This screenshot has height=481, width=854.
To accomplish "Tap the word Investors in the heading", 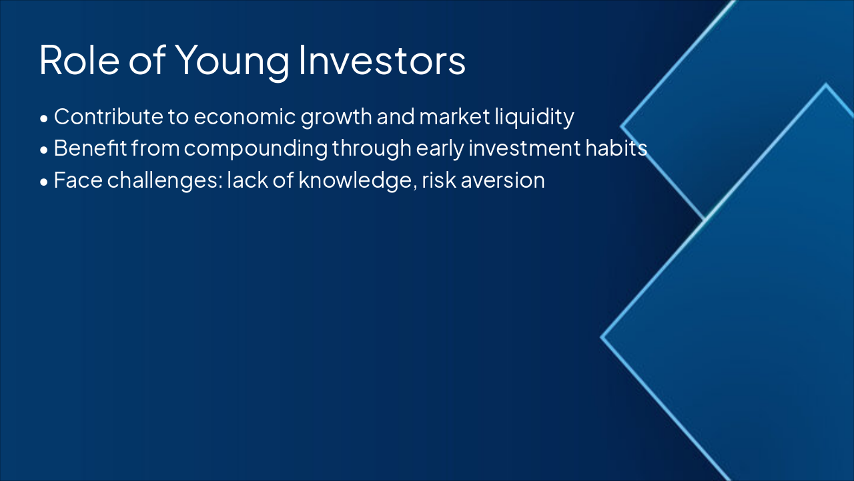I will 382,61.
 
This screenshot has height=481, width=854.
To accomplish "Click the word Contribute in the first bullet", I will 109,117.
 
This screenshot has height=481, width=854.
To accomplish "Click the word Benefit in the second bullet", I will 90,148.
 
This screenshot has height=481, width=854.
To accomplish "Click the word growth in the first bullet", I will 336,118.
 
